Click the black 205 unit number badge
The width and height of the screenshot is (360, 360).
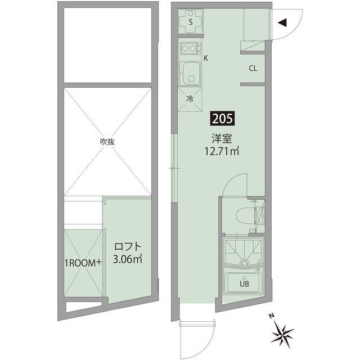pyautogui.click(x=222, y=119)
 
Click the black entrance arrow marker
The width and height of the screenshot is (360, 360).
pyautogui.click(x=282, y=22)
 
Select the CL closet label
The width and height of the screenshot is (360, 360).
pyautogui.click(x=253, y=68)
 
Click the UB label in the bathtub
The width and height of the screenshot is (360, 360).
pyautogui.click(x=244, y=284)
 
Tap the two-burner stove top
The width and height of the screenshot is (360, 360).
pyautogui.click(x=191, y=48)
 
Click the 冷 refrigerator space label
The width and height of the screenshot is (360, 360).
pyautogui.click(x=190, y=99)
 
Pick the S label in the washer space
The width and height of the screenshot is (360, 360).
pyautogui.click(x=191, y=22)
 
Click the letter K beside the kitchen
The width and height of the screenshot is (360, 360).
pyautogui.click(x=206, y=58)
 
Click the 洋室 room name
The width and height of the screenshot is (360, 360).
pyautogui.click(x=222, y=138)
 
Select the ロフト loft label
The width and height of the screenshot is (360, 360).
pyautogui.click(x=128, y=247)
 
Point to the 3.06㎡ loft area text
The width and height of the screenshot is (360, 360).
pyautogui.click(x=128, y=259)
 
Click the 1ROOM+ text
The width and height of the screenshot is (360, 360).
pyautogui.click(x=83, y=263)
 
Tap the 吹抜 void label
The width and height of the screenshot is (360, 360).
pyautogui.click(x=107, y=142)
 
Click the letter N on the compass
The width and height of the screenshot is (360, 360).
pyautogui.click(x=272, y=316)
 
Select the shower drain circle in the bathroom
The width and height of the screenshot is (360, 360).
pyautogui.click(x=244, y=262)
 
